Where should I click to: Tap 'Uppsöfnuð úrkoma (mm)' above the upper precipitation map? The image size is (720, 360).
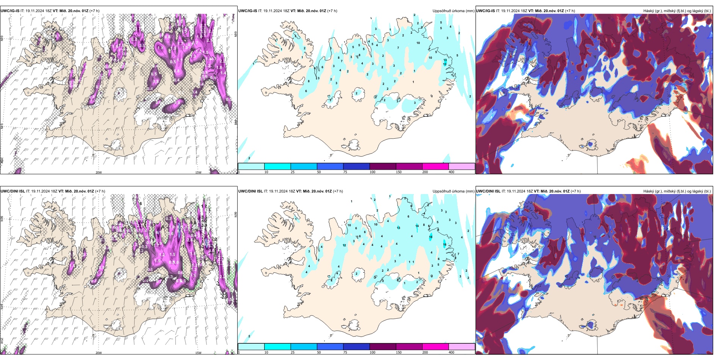tap(453, 11)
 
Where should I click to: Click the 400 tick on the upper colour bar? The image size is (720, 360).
tap(451, 172)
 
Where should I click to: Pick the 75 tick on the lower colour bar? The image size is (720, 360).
tap(345, 352)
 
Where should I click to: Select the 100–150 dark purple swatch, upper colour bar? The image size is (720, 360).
tap(383, 166)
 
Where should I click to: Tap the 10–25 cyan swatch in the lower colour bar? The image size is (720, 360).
tap(277, 347)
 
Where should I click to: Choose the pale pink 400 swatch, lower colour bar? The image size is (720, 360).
tap(462, 347)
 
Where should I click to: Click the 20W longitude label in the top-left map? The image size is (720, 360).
tap(99, 172)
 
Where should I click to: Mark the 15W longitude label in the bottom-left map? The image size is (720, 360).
tap(198, 353)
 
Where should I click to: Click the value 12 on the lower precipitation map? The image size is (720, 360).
tap(344, 246)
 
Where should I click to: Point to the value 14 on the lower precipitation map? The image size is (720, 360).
tap(417, 226)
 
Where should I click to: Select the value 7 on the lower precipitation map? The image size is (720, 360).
tap(458, 254)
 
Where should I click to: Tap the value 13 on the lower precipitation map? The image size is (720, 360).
tap(398, 228)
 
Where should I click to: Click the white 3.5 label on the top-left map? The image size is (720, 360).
tap(142, 45)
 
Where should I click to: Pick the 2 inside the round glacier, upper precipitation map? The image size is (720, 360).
tap(356, 93)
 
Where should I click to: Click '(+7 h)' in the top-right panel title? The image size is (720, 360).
tap(570, 11)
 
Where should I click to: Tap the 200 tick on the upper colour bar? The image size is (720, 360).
tap(425, 172)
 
